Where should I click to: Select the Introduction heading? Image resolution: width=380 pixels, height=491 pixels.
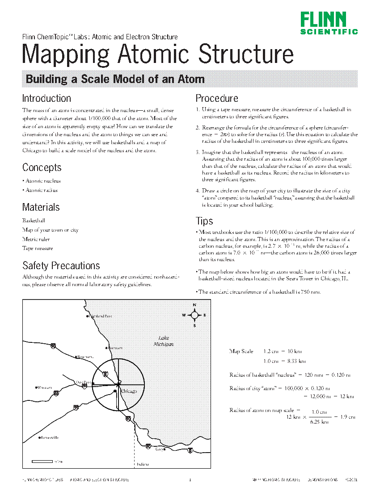click(x=46, y=98)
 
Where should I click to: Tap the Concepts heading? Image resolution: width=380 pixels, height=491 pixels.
click(x=42, y=167)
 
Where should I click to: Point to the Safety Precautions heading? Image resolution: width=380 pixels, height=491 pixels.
click(x=61, y=266)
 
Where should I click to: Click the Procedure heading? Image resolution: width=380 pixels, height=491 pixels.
click(x=217, y=98)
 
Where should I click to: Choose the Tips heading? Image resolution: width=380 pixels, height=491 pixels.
click(x=204, y=221)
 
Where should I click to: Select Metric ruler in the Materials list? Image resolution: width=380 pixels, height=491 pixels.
click(x=36, y=239)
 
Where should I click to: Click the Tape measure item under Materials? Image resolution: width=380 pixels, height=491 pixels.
click(x=38, y=248)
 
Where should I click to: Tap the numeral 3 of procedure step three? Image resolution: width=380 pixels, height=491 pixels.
click(x=197, y=153)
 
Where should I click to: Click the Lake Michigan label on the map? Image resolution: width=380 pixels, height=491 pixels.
click(x=163, y=341)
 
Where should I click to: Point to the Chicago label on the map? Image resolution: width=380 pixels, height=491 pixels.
click(x=128, y=391)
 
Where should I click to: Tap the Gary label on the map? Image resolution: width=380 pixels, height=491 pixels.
click(x=159, y=449)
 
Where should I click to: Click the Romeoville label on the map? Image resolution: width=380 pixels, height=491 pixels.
click(x=49, y=437)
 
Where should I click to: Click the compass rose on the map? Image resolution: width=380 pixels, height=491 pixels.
click(x=194, y=315)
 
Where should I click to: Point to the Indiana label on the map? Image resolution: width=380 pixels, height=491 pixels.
click(x=143, y=464)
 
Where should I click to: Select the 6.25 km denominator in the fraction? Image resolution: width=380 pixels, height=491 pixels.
click(x=320, y=421)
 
